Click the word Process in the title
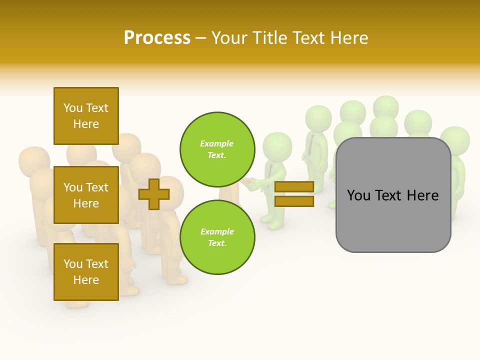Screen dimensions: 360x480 pyautogui.click(x=157, y=38)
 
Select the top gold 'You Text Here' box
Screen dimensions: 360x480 pyautogui.click(x=86, y=116)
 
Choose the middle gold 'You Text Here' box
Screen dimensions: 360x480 pyautogui.click(x=86, y=195)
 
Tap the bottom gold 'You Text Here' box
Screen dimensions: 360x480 pyautogui.click(x=86, y=272)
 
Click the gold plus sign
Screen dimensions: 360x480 pyautogui.click(x=154, y=194)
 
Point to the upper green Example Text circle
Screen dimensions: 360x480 pyautogui.click(x=217, y=149)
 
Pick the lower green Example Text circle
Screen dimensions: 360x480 pyautogui.click(x=217, y=237)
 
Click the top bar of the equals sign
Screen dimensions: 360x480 pyautogui.click(x=294, y=187)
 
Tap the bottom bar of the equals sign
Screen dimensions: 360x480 pyautogui.click(x=294, y=201)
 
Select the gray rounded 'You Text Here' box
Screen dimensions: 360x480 pyautogui.click(x=393, y=195)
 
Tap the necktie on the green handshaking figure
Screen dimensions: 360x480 pyautogui.click(x=270, y=170)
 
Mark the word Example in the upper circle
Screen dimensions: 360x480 pyautogui.click(x=217, y=143)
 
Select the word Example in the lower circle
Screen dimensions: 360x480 pyautogui.click(x=217, y=231)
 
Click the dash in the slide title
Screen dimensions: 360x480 pyautogui.click(x=201, y=38)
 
